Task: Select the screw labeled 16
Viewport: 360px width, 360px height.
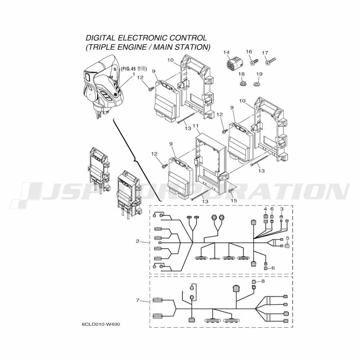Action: [253, 62]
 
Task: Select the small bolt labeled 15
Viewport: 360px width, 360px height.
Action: [231, 190]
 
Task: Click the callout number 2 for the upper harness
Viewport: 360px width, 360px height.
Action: [138, 241]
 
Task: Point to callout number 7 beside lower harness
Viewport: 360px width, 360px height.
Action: [138, 300]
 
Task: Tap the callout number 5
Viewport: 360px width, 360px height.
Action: [287, 238]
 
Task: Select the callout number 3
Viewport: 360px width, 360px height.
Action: [282, 209]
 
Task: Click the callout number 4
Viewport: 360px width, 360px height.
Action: [265, 209]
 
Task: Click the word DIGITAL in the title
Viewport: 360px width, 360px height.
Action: [100, 38]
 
